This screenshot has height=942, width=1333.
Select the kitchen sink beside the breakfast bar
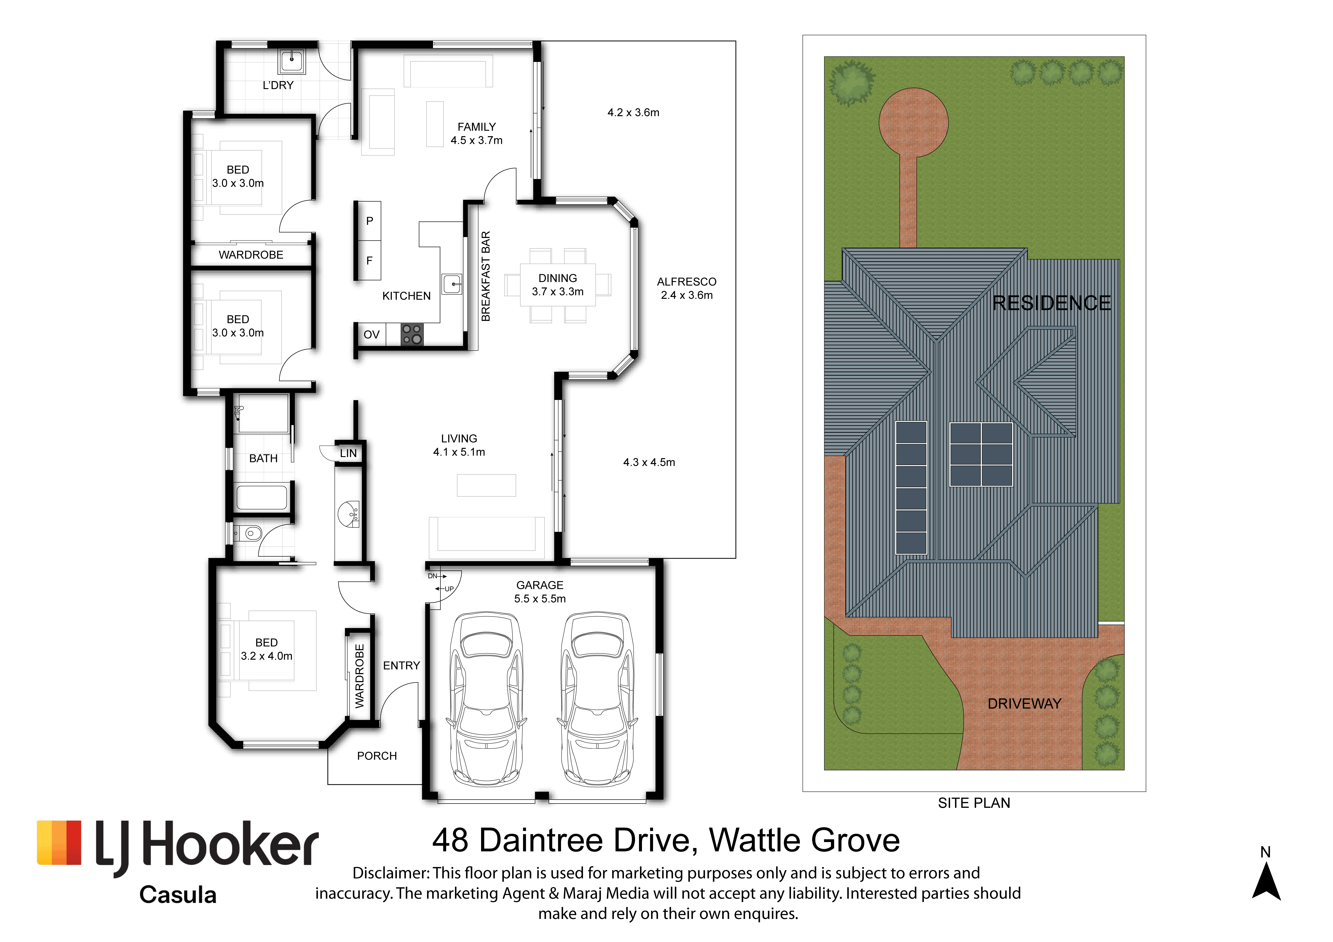452,284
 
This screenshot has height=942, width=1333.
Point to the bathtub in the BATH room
262,497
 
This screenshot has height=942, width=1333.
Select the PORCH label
377,756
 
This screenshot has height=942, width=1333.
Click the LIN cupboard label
348,453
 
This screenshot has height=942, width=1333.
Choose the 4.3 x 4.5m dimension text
649,462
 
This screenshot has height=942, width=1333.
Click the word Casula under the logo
178,895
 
